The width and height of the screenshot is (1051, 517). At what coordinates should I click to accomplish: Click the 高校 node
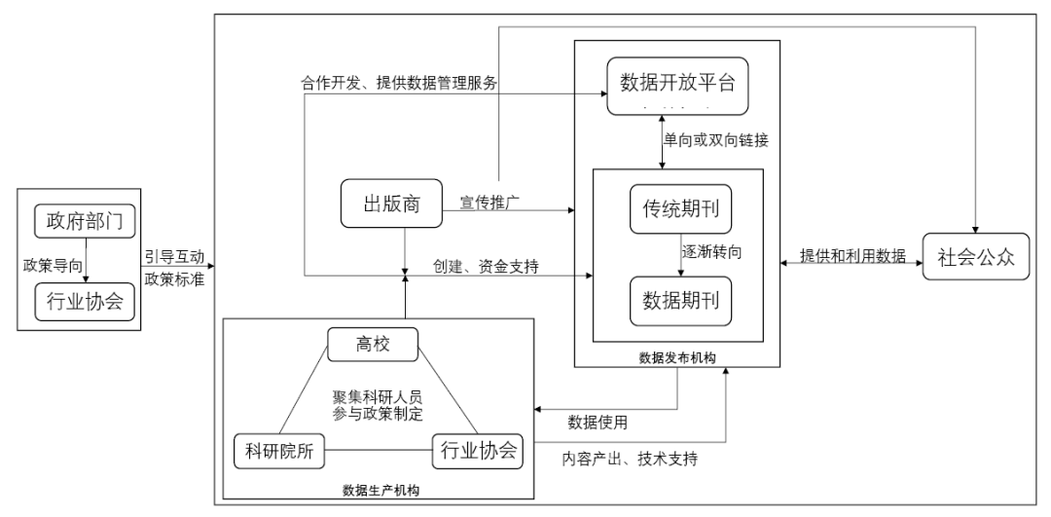click(x=372, y=342)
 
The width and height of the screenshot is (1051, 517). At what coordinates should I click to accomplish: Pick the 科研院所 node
click(x=278, y=451)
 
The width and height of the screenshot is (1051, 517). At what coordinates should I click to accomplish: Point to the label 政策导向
click(x=53, y=262)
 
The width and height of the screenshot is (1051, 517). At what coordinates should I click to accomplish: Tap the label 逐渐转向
click(x=716, y=252)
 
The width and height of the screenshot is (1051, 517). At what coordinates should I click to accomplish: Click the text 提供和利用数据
click(x=852, y=256)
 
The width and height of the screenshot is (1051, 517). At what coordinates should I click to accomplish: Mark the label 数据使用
click(x=598, y=423)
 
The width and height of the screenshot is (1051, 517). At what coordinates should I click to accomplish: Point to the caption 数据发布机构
click(x=676, y=359)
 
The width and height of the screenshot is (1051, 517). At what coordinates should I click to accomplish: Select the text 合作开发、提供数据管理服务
click(x=399, y=84)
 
